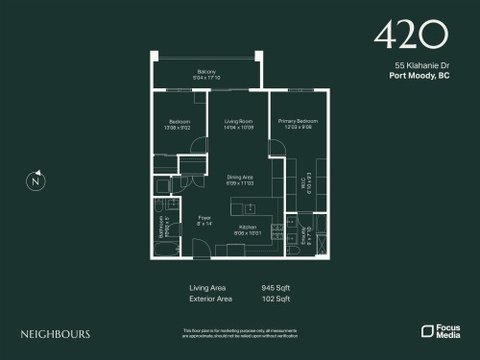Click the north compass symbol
pyautogui.click(x=36, y=180)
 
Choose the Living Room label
pyautogui.click(x=238, y=121)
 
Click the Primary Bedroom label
pyautogui.click(x=299, y=121)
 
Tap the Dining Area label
pyautogui.click(x=240, y=177)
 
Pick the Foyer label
pyautogui.click(x=204, y=218)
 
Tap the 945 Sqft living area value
pyautogui.click(x=275, y=287)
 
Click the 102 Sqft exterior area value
pyautogui.click(x=275, y=299)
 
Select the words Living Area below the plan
pyautogui.click(x=206, y=287)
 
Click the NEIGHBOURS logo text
pyautogui.click(x=56, y=334)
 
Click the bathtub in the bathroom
pyautogui.click(x=165, y=248)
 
